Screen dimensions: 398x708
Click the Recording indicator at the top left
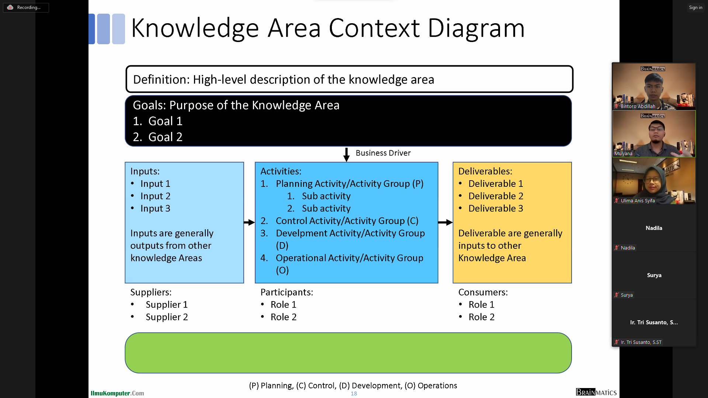[25, 7]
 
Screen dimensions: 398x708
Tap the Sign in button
[695, 7]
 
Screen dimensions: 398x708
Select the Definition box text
[283, 80]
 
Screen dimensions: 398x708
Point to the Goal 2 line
[157, 137]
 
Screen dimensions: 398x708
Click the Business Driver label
[383, 153]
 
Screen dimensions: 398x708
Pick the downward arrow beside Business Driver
[346, 154]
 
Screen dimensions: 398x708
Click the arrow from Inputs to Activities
[249, 222]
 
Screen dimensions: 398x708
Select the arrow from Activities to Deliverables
[445, 222]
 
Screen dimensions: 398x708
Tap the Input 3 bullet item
[155, 209]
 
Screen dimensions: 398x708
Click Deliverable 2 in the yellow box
[496, 196]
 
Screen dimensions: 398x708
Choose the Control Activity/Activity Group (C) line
[347, 221]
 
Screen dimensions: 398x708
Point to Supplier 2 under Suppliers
[167, 317]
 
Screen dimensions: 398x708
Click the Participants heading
[287, 292]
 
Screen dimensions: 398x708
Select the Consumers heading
[483, 292]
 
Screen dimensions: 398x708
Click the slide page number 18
[354, 394]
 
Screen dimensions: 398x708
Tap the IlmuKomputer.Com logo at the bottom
[117, 393]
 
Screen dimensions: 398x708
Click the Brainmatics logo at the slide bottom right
[596, 392]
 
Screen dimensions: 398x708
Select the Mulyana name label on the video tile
[623, 154]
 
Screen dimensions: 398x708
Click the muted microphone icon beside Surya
[616, 295]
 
